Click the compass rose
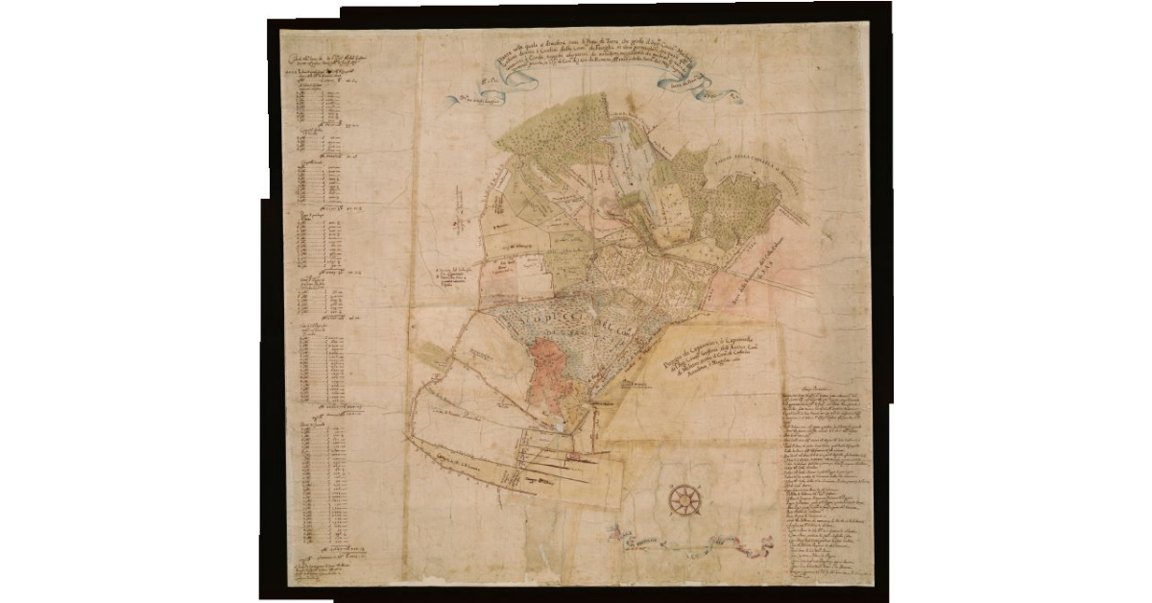(x=684, y=498)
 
